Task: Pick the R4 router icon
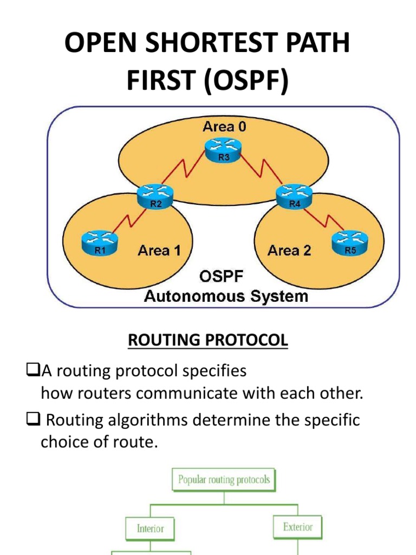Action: (294, 196)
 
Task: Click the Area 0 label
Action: (224, 127)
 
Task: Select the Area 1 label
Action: (159, 250)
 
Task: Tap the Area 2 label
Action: (289, 250)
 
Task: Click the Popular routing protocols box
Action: (224, 480)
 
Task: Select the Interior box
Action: (150, 528)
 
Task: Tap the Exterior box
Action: (297, 526)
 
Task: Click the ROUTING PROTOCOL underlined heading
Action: (208, 340)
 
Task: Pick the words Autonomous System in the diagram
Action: (225, 296)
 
